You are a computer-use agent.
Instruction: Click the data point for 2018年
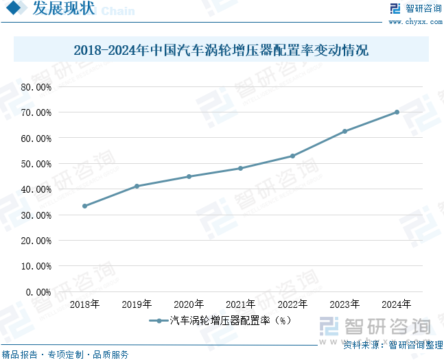coord(84,206)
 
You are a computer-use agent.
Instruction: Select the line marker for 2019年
coord(137,186)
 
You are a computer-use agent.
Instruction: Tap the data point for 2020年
coord(189,176)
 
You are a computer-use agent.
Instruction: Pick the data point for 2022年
coord(292,156)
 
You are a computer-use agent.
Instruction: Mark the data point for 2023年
coord(344,131)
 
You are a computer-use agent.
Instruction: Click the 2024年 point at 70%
coord(397,112)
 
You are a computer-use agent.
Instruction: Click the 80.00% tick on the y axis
coord(36,87)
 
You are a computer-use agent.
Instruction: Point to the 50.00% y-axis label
coord(36,164)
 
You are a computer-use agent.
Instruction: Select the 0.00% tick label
coord(38,291)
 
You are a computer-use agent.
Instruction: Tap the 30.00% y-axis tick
coord(36,215)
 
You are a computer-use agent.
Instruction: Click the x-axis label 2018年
coord(84,304)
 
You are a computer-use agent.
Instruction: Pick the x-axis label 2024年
coord(397,304)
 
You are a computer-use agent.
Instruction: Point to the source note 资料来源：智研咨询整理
coord(393,344)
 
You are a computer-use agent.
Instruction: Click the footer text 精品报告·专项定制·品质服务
coord(65,355)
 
